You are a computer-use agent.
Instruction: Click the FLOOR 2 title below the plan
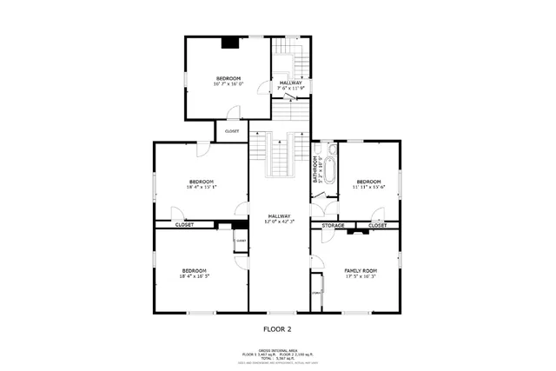tap(278, 329)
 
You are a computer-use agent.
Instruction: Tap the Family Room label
tap(361, 270)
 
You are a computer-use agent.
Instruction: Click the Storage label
tap(334, 225)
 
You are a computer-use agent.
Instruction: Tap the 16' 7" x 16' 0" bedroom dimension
tap(229, 84)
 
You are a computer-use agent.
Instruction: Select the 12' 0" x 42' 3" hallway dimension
tap(279, 222)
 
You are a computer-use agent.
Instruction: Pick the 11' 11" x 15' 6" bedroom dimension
tap(368, 187)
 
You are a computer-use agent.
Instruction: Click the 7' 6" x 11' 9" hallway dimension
tap(291, 88)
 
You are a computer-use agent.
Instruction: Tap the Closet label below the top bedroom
tap(232, 131)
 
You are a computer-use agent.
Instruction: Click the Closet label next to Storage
tap(377, 225)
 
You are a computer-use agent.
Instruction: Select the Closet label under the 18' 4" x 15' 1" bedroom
tap(184, 225)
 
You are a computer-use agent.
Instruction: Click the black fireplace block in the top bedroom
tap(230, 42)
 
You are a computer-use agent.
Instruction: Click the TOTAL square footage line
tap(278, 357)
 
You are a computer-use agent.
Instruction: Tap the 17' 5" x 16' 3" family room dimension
tap(361, 276)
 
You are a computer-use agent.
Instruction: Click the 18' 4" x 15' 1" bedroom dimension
tap(201, 187)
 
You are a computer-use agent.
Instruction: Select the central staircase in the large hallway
tap(279, 155)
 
